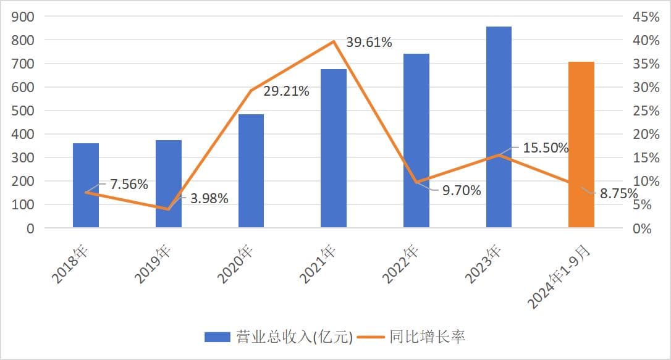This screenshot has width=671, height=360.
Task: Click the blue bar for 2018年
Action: [86, 185]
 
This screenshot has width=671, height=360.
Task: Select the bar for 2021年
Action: [334, 148]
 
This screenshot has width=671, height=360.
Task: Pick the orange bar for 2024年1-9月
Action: [581, 144]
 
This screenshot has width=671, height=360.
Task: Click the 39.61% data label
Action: [368, 42]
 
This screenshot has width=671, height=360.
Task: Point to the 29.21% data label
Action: [286, 91]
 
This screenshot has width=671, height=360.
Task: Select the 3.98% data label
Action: [209, 199]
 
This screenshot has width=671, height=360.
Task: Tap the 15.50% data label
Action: [546, 148]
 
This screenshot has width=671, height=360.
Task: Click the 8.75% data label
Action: [618, 193]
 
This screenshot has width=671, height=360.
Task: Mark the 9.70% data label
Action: [461, 190]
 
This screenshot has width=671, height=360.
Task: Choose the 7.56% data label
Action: [129, 184]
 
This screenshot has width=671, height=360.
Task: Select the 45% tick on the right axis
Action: [646, 17]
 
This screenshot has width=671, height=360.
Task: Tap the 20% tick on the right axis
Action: [646, 134]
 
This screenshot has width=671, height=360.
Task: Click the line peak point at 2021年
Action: [334, 41]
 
